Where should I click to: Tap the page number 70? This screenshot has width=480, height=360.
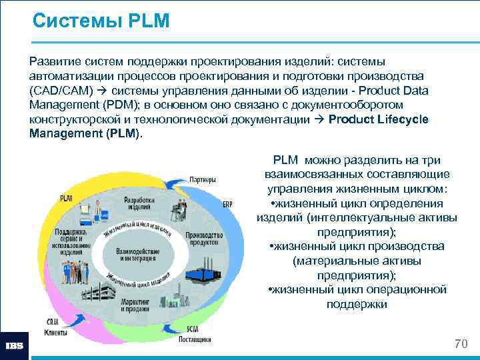point(460,343)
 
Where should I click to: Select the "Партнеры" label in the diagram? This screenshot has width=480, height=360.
point(202,179)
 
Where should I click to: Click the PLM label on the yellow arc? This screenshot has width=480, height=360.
point(67,198)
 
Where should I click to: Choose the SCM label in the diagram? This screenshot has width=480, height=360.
point(193,329)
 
